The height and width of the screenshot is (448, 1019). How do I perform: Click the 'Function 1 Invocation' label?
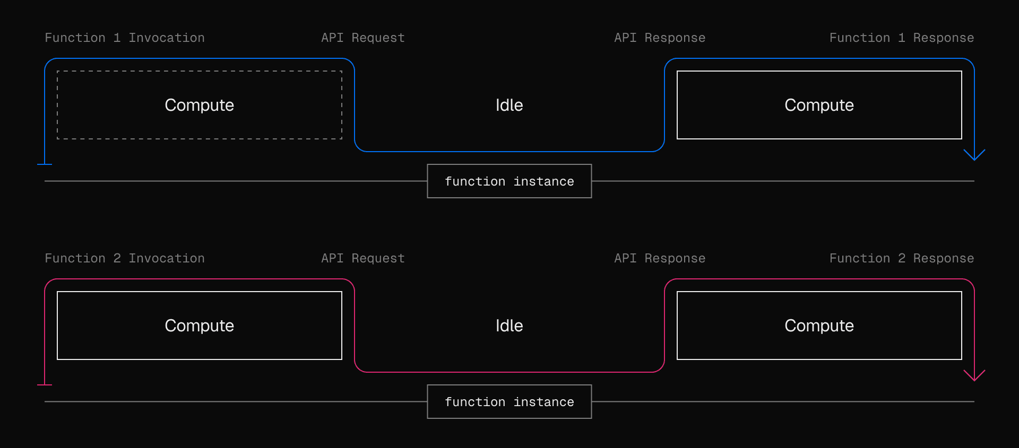tap(125, 38)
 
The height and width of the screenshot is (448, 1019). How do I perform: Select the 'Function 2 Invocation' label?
tap(125, 258)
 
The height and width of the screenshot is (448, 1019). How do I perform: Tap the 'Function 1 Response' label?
tap(902, 38)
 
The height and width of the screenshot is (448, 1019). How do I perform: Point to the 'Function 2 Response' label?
tap(902, 258)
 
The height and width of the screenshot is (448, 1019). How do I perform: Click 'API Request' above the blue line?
tap(363, 38)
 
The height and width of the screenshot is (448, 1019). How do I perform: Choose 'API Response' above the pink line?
tap(660, 258)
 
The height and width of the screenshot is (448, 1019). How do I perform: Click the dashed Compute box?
tap(200, 105)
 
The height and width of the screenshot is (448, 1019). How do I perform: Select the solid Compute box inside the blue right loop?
tap(819, 105)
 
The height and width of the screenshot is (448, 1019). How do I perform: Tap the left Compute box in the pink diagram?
tap(200, 326)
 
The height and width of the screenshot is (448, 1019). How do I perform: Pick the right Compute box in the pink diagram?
tap(819, 326)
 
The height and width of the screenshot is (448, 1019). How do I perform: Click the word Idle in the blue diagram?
tap(509, 105)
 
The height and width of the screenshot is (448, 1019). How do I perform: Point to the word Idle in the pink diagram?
tap(509, 326)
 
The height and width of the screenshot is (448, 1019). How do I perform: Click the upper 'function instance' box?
tap(509, 181)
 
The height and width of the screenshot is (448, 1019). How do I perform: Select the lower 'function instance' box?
tap(509, 402)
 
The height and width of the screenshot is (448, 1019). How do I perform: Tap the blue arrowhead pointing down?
tap(974, 155)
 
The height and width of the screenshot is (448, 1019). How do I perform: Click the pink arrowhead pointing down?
tap(974, 376)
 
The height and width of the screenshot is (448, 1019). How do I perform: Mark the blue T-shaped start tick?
tap(45, 164)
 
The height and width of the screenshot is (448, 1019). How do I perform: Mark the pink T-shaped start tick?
tap(45, 384)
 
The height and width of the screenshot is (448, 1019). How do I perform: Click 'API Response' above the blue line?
tap(660, 38)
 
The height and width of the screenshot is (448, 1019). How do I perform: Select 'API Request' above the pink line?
tap(363, 258)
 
